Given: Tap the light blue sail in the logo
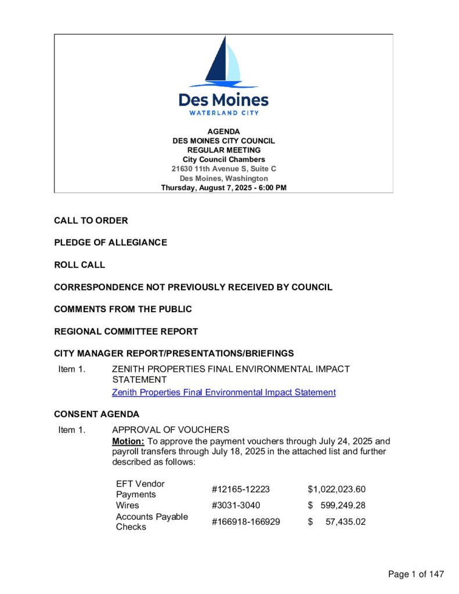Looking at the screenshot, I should pos(233,65).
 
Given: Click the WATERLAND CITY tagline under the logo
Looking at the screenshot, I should pos(223,113).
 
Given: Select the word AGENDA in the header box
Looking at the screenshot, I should pos(223,132).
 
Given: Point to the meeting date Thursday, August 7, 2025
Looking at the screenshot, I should pos(223,188).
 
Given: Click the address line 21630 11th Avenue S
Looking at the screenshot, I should pos(223,169).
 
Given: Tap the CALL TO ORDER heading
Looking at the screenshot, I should pos(91,221).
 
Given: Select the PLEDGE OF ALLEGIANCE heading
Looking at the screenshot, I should pos(110,242).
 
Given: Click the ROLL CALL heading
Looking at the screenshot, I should pos(79,265).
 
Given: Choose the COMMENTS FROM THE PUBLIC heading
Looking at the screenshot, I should pos(123,309).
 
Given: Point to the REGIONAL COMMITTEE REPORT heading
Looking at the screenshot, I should pos(126,332).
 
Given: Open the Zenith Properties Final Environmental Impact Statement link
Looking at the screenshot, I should pos(223,393).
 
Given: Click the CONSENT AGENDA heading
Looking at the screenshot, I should pos(96,415).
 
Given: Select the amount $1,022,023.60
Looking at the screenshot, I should pos(337,490).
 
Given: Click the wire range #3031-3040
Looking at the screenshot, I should pos(232,505).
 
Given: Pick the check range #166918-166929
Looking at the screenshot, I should pos(245,522).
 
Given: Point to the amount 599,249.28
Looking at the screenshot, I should pos(343,505).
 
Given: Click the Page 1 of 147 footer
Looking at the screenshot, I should pos(416,574).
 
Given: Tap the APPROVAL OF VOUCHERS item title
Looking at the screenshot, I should pos(171,430).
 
